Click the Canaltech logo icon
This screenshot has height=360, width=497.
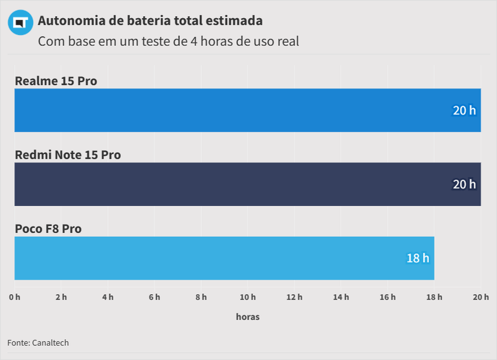[20, 23]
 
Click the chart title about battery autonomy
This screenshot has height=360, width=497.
[150, 21]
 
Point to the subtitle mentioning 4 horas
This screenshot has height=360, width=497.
[168, 41]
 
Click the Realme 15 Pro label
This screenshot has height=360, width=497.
[56, 81]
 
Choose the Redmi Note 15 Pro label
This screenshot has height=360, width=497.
[67, 155]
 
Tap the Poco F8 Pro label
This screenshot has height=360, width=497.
[48, 229]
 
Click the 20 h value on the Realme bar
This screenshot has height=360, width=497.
[464, 110]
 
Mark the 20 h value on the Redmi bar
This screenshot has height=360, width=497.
[464, 184]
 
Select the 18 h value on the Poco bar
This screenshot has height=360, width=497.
[417, 258]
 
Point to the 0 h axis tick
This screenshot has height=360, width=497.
[14, 297]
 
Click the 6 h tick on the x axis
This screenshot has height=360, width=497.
[154, 297]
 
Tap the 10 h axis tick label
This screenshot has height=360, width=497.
[248, 297]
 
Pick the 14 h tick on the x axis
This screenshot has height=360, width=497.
[341, 297]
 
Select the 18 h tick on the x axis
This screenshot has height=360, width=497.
[434, 297]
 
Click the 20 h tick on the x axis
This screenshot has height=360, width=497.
[481, 297]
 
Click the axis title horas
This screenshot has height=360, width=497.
[247, 317]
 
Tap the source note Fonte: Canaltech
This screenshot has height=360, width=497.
[38, 343]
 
